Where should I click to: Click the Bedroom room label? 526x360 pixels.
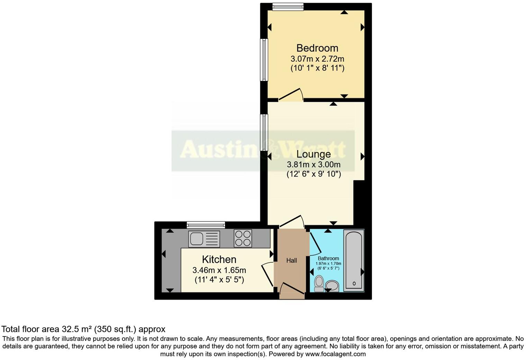coord(317,48)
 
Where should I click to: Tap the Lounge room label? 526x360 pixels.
coord(314,154)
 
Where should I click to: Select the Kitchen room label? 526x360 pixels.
coord(219,259)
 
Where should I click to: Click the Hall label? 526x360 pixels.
coord(291,261)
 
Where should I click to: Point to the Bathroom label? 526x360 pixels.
coord(328,258)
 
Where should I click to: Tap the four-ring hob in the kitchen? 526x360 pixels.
coord(243,238)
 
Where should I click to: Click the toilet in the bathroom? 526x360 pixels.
coord(319,283)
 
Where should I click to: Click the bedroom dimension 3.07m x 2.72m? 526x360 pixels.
coord(317,59)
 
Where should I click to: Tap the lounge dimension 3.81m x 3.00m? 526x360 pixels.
coord(314,165)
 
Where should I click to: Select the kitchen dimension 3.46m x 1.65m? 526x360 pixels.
coord(219,270)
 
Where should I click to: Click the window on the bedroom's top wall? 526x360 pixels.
coord(288,7)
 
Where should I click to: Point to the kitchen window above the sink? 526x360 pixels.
coord(206,225)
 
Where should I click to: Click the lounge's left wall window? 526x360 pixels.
coord(264,133)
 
